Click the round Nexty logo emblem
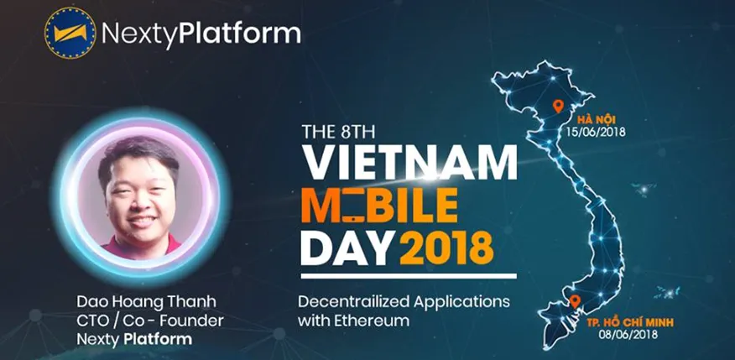[x=70, y=33]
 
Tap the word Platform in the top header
[x=240, y=34]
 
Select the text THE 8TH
[x=338, y=132]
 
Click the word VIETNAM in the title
[x=409, y=162]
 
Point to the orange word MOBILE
[x=379, y=206]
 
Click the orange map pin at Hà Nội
[x=558, y=106]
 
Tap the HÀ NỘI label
[x=597, y=118]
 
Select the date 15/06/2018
[x=596, y=132]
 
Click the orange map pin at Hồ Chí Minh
[x=575, y=301]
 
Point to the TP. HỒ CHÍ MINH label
[x=630, y=322]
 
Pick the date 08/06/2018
[x=628, y=334]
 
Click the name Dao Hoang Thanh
[x=146, y=302]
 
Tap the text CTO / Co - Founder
[x=150, y=321]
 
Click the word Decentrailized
[x=352, y=301]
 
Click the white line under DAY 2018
[x=409, y=276]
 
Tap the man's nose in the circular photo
[x=139, y=201]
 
